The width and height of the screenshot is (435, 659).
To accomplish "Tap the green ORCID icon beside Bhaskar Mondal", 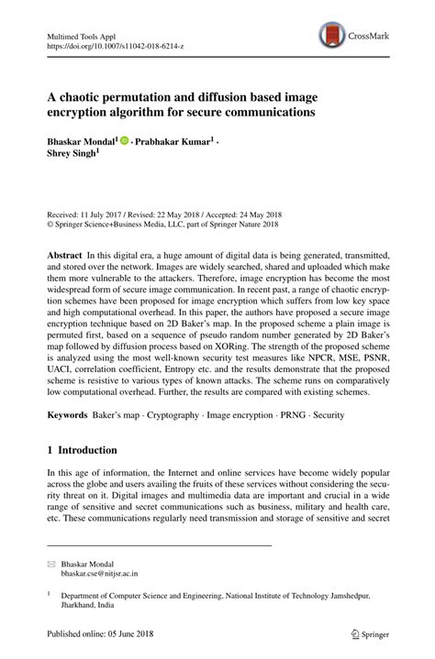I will [124, 142].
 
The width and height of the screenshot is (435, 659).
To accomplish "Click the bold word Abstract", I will [67, 252].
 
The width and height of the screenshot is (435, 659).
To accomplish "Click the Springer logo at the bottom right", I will [366, 633].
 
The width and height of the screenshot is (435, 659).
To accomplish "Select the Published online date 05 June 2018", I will [128, 632].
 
